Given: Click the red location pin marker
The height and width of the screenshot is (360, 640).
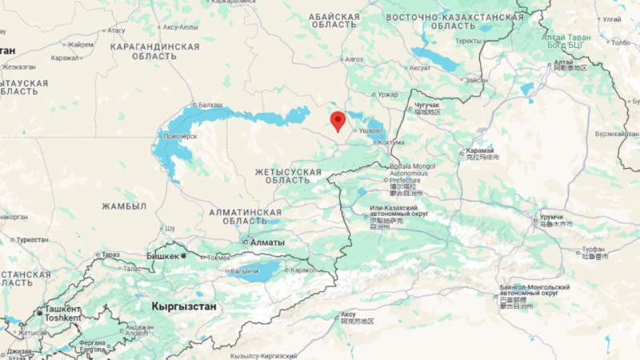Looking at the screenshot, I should click(x=338, y=121).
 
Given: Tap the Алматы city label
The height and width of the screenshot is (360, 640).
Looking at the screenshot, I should click(x=267, y=242).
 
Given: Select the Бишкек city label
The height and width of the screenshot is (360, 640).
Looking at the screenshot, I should click(x=162, y=256).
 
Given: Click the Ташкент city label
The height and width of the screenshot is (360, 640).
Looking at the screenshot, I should click(x=62, y=309).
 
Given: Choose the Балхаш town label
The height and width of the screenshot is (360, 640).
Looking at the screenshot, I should click(x=210, y=106).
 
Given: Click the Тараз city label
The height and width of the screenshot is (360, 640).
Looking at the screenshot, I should click(x=110, y=254).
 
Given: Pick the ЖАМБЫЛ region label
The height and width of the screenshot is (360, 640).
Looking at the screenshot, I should click(x=124, y=206).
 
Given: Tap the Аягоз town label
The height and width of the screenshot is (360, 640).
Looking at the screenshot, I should click(x=353, y=59).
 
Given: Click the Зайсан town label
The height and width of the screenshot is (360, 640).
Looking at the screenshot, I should click(x=475, y=80).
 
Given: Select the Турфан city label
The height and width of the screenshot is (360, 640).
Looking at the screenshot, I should click(x=594, y=250).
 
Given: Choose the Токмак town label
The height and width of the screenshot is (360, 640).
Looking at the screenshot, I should click(x=218, y=258).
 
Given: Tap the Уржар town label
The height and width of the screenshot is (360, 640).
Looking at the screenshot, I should click(x=388, y=94).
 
